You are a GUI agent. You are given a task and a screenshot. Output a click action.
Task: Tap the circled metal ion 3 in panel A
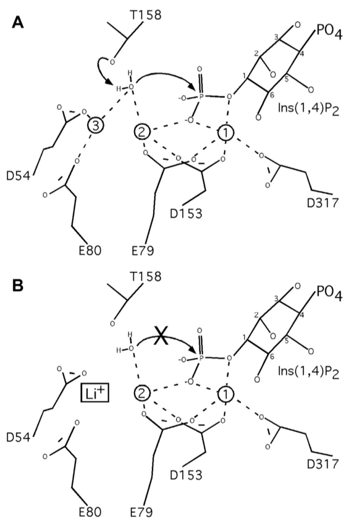96,125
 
